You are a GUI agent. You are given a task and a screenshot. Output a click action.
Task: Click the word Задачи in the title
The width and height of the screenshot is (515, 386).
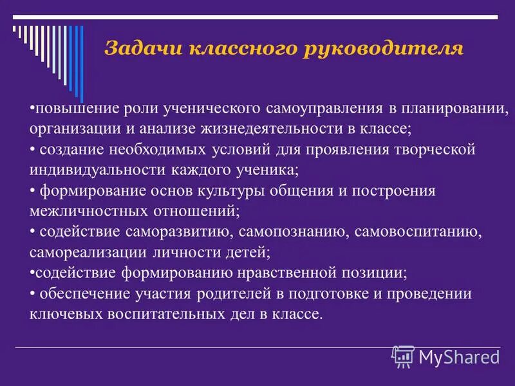pos(136,49)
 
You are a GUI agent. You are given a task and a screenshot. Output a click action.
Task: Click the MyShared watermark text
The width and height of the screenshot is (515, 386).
pos(460,356)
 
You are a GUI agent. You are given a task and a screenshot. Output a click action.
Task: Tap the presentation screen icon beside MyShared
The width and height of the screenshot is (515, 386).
pos(403,356)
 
